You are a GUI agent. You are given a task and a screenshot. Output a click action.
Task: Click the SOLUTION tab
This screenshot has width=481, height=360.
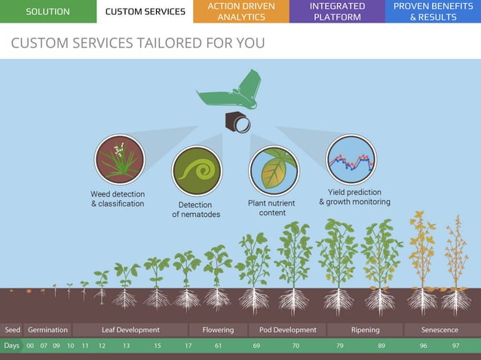click(47, 11)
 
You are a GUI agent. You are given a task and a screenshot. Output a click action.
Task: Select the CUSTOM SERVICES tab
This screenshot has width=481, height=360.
click(145, 11)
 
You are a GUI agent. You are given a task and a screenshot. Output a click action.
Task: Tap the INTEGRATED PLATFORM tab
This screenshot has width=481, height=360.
click(337, 11)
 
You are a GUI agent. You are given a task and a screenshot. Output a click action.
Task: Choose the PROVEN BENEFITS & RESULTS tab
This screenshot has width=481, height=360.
click(433, 11)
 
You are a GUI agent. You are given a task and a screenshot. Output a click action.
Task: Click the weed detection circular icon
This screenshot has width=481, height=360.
click(119, 160)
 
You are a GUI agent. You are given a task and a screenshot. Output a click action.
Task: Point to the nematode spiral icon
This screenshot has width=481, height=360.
click(196, 171)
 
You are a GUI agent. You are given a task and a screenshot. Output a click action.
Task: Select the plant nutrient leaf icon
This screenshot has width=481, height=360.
click(274, 170)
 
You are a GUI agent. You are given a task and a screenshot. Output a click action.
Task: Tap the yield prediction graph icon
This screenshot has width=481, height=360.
click(351, 159)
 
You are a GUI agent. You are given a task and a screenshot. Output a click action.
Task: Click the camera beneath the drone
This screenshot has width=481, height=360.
click(237, 121)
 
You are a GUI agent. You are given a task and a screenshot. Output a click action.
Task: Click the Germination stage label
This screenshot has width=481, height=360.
click(47, 330)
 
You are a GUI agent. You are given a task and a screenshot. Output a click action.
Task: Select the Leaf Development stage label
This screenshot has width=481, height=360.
click(130, 330)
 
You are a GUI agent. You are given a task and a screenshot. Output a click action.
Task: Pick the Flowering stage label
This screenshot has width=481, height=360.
click(218, 330)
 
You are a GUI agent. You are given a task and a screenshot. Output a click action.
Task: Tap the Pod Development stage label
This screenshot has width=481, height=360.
click(287, 330)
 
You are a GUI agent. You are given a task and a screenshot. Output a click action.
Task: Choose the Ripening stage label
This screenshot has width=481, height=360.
click(365, 330)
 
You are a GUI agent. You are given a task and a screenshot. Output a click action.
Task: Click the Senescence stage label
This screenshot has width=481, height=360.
click(440, 330)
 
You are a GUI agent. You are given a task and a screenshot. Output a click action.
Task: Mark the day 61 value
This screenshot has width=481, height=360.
click(218, 346)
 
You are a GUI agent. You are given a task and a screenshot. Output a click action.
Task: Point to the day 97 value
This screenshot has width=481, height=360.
click(455, 346)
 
